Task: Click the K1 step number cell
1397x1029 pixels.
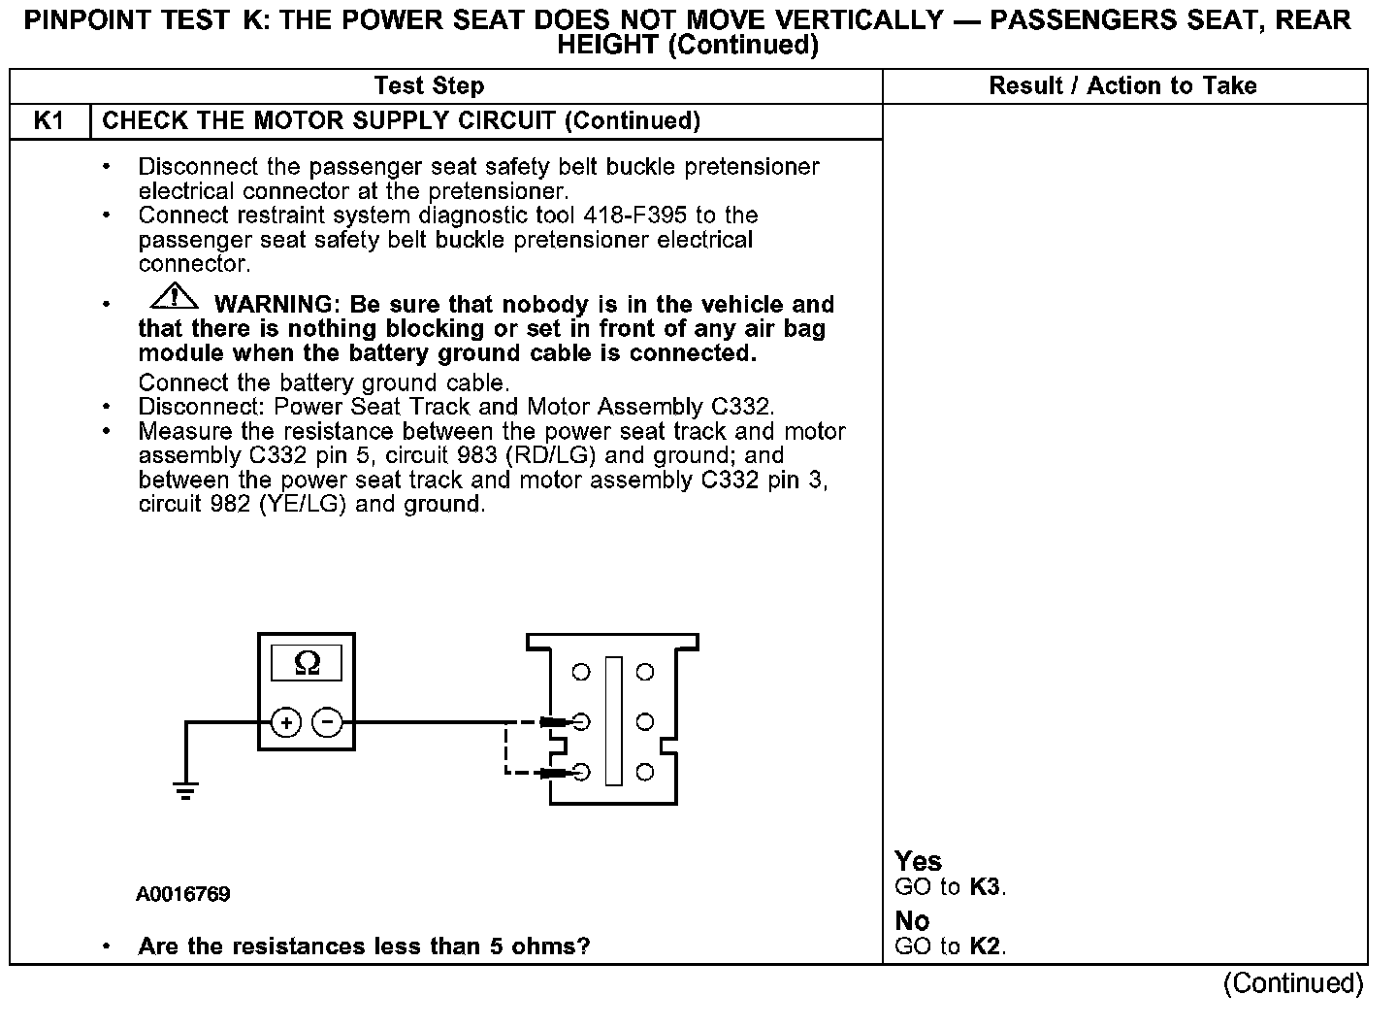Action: click(x=49, y=121)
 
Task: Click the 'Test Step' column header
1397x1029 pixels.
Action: click(x=429, y=86)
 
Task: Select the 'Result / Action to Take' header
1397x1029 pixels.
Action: click(x=1122, y=86)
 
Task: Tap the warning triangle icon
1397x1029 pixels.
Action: click(x=174, y=295)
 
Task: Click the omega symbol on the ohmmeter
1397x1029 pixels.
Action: click(x=307, y=663)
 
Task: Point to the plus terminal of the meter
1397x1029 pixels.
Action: click(x=285, y=722)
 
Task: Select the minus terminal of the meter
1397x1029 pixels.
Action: click(x=327, y=722)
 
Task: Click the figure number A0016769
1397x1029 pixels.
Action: click(x=183, y=894)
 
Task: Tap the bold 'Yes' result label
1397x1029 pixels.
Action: click(x=918, y=861)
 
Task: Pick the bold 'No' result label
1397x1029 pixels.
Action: click(x=912, y=920)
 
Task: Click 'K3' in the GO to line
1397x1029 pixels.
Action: click(x=985, y=887)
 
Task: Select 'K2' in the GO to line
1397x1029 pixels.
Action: click(x=985, y=946)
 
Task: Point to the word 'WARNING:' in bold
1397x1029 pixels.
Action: click(x=277, y=305)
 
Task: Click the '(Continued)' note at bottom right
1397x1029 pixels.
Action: click(x=1293, y=983)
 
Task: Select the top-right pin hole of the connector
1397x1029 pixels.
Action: click(x=644, y=672)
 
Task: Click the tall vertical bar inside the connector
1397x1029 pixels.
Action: click(x=613, y=721)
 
